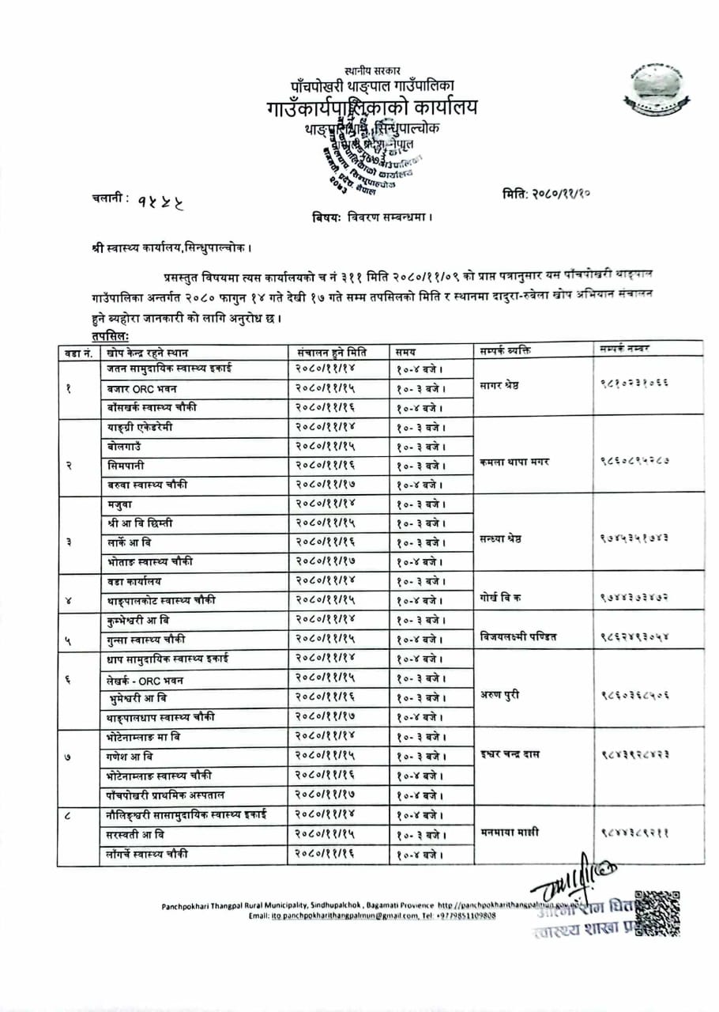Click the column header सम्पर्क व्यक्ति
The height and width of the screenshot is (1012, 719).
[505, 350]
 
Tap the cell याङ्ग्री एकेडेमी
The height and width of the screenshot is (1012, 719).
[140, 427]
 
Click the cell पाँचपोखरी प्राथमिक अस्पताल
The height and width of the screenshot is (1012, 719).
[171, 794]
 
